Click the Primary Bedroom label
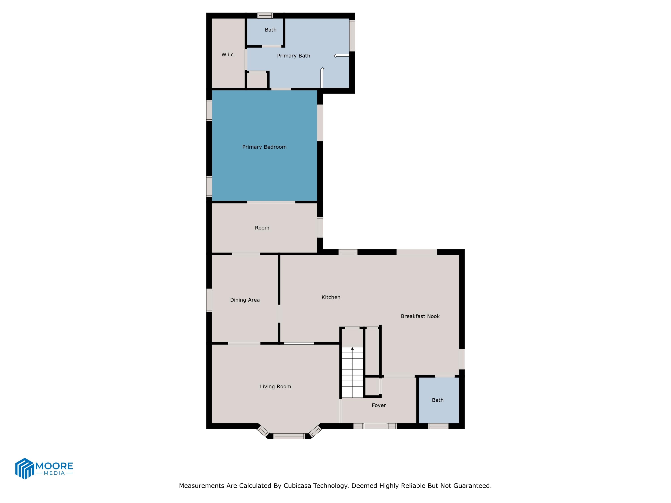pyautogui.click(x=264, y=147)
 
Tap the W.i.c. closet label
pyautogui.click(x=228, y=55)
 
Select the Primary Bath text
pyautogui.click(x=293, y=56)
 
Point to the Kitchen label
pyautogui.click(x=331, y=297)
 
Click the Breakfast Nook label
pyautogui.click(x=420, y=316)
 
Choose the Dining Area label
pyautogui.click(x=245, y=300)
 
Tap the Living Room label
pyautogui.click(x=275, y=387)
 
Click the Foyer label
pyautogui.click(x=379, y=405)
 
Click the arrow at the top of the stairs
pyautogui.click(x=352, y=349)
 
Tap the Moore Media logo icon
pyautogui.click(x=24, y=468)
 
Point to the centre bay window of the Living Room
pyautogui.click(x=289, y=436)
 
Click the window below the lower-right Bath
pyautogui.click(x=438, y=426)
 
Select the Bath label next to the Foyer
pyautogui.click(x=437, y=400)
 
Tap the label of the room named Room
pyautogui.click(x=262, y=228)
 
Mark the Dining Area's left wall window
pyautogui.click(x=209, y=300)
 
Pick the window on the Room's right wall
pyautogui.click(x=320, y=227)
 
